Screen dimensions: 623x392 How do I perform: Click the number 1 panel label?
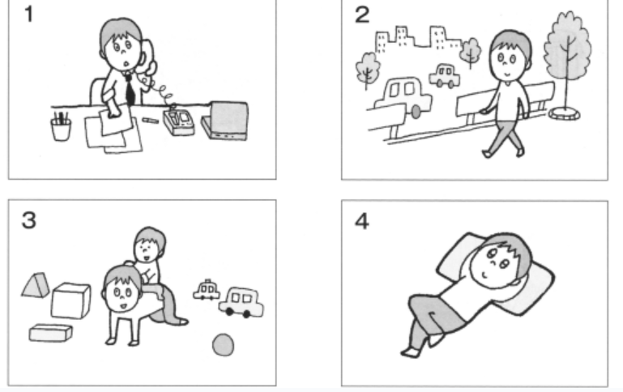tap(28, 15)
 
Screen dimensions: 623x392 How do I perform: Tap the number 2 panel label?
tap(362, 15)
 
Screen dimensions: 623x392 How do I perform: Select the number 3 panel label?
tap(28, 220)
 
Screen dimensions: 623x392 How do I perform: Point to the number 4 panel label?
tap(361, 221)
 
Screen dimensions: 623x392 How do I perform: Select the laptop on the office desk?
tap(225, 121)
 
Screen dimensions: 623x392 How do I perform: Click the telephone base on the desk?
tap(178, 122)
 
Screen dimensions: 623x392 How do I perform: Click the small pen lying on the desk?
tap(150, 120)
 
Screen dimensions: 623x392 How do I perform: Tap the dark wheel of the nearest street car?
tap(416, 112)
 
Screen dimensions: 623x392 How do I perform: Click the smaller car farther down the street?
tap(445, 75)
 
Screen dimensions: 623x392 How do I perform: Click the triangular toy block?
tap(36, 285)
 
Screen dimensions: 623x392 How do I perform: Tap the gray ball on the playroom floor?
tap(224, 345)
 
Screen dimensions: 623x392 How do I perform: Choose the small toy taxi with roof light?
tap(207, 289)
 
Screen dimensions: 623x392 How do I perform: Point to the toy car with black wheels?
tap(241, 303)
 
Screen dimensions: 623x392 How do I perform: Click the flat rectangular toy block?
tap(51, 333)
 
